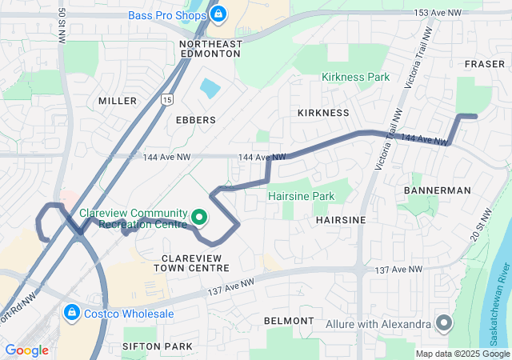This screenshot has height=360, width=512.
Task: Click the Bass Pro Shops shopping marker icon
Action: coord(218,14)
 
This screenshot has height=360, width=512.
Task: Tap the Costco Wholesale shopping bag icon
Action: coord(72,311)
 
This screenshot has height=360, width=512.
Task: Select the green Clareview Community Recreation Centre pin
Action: coord(198,216)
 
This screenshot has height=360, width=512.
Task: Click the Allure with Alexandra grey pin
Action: coord(445,324)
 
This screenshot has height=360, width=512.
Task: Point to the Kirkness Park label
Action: coord(355,78)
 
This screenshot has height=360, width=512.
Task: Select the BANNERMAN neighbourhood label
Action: coord(437,190)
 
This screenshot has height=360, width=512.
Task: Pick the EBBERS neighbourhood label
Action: coord(195,120)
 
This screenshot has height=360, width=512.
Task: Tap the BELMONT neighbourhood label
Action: coord(289,321)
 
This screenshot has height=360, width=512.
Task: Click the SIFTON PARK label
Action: coord(158,346)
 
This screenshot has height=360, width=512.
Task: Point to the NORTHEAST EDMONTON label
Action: coord(210,48)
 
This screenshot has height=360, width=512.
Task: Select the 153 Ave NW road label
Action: coord(438,13)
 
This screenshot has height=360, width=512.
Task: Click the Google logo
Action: coord(26,350)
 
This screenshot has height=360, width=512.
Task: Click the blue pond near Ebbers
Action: coord(210,87)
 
